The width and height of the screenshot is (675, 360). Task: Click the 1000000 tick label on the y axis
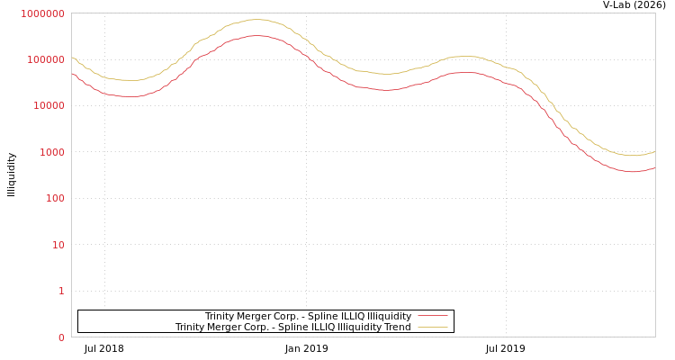[42, 13]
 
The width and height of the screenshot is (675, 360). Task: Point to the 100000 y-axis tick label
[45, 59]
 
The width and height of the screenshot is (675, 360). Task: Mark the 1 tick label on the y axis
[61, 291]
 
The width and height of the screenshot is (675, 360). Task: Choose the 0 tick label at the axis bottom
[61, 337]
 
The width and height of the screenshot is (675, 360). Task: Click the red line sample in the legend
[433, 316]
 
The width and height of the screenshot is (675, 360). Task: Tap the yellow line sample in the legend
[433, 327]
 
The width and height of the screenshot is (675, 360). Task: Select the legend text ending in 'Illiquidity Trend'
[292, 327]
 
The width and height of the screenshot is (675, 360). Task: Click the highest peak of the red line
[257, 36]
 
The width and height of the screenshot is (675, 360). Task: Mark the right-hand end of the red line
[654, 167]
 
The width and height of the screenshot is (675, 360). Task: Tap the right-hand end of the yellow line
[654, 151]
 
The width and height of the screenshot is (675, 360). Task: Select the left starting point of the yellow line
[72, 58]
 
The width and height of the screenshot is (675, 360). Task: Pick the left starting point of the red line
[72, 74]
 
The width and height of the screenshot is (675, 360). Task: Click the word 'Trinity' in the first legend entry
[220, 316]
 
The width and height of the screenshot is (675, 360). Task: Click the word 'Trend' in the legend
[397, 327]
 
